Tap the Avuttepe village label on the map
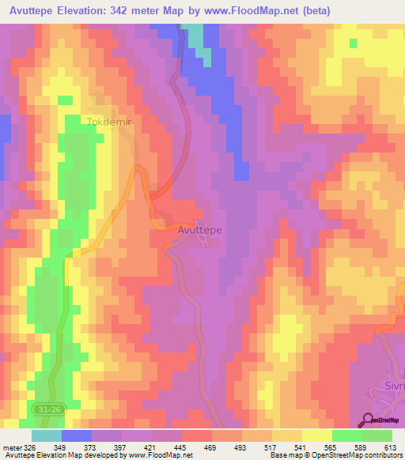coord(200,229)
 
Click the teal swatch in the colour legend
coord(47,436)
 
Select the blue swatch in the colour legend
coord(77,436)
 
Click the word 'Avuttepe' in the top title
coord(34,10)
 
